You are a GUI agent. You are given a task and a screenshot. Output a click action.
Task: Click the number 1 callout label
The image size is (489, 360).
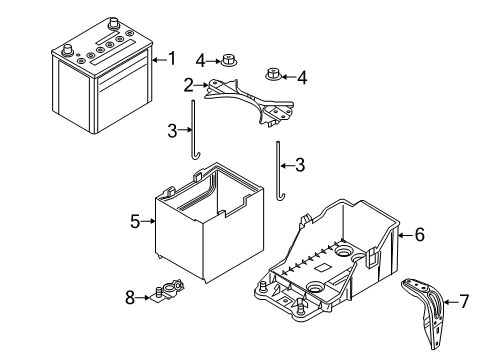pos(171,59)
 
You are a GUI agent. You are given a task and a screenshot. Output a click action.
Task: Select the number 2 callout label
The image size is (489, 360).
pos(187,85)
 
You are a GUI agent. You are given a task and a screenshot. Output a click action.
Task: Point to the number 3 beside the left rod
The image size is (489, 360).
pos(172,130)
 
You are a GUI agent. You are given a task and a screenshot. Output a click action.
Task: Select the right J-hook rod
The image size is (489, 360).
pos(276,172)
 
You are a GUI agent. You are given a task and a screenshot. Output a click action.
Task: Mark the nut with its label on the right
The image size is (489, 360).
pos(272,73)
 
